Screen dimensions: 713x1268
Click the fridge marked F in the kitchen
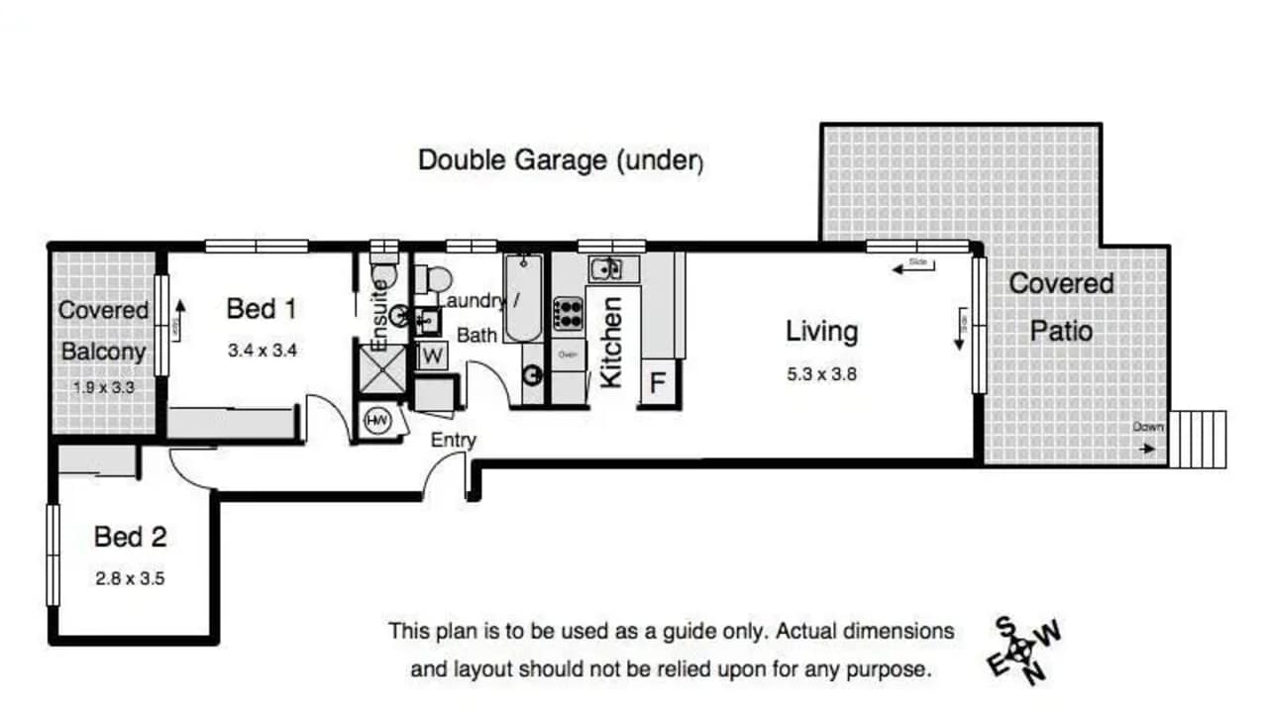[658, 382]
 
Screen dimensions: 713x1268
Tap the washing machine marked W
[433, 356]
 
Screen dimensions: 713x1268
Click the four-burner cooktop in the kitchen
[569, 314]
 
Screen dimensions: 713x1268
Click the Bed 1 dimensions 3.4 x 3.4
[264, 349]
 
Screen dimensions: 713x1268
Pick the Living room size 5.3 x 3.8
[821, 374]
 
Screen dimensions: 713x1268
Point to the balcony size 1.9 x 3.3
[104, 387]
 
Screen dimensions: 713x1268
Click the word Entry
[453, 440]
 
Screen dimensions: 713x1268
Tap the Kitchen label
[612, 343]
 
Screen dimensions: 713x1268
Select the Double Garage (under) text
[560, 160]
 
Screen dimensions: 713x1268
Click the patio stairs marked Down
[1197, 438]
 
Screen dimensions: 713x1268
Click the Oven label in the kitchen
[568, 354]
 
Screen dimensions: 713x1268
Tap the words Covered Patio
[1061, 306]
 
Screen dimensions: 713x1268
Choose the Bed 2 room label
[130, 538]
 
